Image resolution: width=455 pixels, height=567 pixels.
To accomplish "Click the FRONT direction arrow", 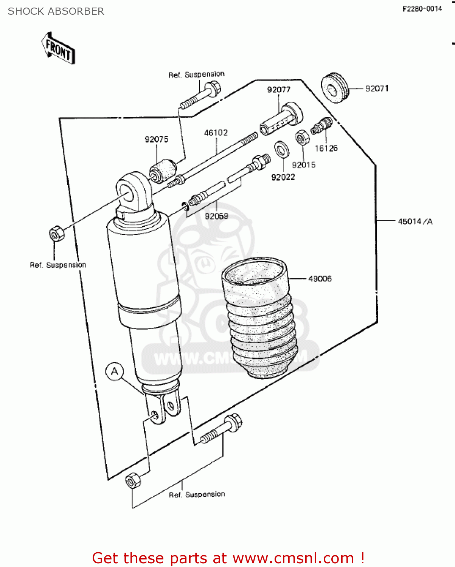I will point(58,48).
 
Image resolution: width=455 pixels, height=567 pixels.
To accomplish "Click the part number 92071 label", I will point(376,88).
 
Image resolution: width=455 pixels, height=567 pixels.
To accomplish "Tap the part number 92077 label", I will point(278,90).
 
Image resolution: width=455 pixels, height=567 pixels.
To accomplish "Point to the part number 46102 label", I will point(216,133).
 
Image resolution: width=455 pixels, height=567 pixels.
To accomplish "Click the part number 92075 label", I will point(156,139).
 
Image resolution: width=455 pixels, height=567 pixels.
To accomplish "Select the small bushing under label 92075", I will point(163,170).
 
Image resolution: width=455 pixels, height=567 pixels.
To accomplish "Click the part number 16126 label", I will point(326,148).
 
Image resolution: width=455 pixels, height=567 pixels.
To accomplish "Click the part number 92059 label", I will point(216,216).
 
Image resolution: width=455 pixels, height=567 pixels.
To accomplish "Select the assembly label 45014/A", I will point(415,222).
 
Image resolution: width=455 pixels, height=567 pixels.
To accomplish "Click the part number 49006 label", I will point(320,279).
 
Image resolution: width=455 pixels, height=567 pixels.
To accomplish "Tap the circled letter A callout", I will point(115,371).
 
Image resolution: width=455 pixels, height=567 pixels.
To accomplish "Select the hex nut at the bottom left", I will point(133,481).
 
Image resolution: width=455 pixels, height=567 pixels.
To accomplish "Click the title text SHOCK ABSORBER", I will point(56,11).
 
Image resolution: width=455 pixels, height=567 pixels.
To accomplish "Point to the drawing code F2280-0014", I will point(422,9).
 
